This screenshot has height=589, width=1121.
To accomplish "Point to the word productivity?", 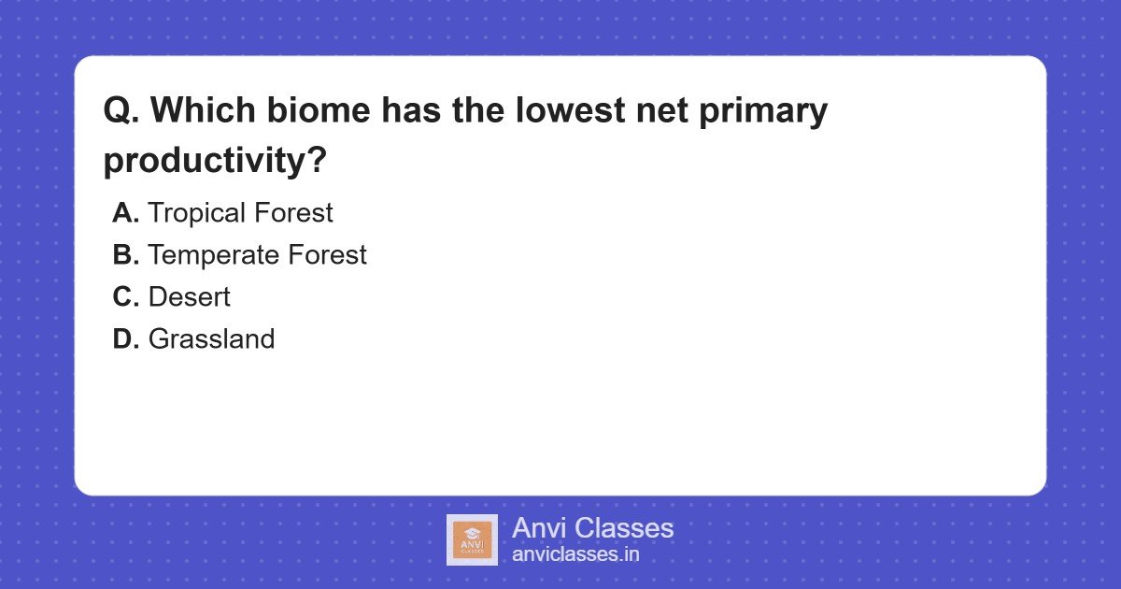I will pyautogui.click(x=215, y=161).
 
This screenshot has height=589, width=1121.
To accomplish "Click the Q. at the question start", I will pyautogui.click(x=121, y=111).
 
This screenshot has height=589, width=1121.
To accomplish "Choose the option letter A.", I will pyautogui.click(x=125, y=213).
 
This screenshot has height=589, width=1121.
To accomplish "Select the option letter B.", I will pyautogui.click(x=125, y=255).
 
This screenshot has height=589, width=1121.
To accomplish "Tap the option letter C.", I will pyautogui.click(x=125, y=297).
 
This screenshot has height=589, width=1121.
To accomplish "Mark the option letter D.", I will pyautogui.click(x=125, y=338).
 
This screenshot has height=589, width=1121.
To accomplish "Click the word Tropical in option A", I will pyautogui.click(x=192, y=213).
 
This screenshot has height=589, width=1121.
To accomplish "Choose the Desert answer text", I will pyautogui.click(x=189, y=297).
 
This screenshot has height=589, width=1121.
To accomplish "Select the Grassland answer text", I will pyautogui.click(x=211, y=338).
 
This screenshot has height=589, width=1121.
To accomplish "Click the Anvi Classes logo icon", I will pyautogui.click(x=472, y=539).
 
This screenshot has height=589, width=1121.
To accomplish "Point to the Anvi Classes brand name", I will pyautogui.click(x=592, y=528).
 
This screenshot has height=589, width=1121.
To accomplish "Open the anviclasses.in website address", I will pyautogui.click(x=575, y=554).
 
